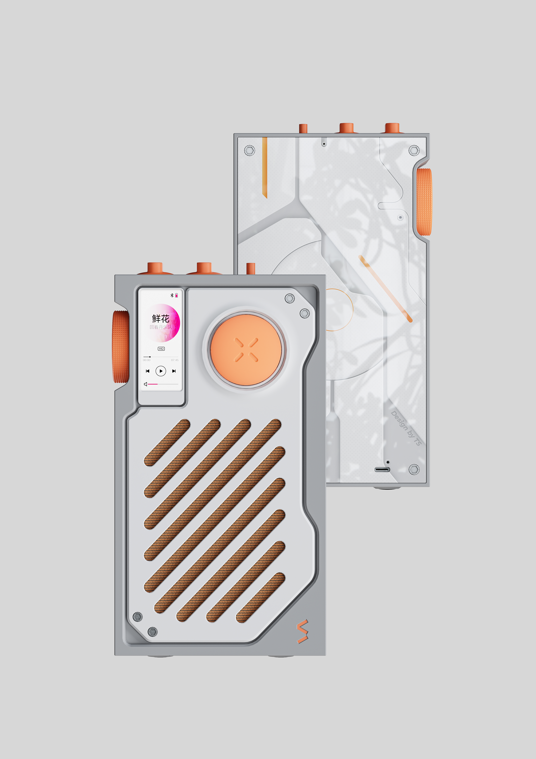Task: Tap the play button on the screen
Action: [x=161, y=371]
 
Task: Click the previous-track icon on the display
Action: [x=148, y=371]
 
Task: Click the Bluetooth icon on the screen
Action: [x=172, y=295]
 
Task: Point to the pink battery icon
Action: [x=176, y=295]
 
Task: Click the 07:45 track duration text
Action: [x=175, y=360]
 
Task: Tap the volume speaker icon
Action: [x=145, y=384]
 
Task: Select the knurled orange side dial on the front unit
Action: [x=121, y=346]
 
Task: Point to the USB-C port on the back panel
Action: [x=382, y=469]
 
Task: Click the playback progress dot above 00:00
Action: [x=150, y=357]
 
